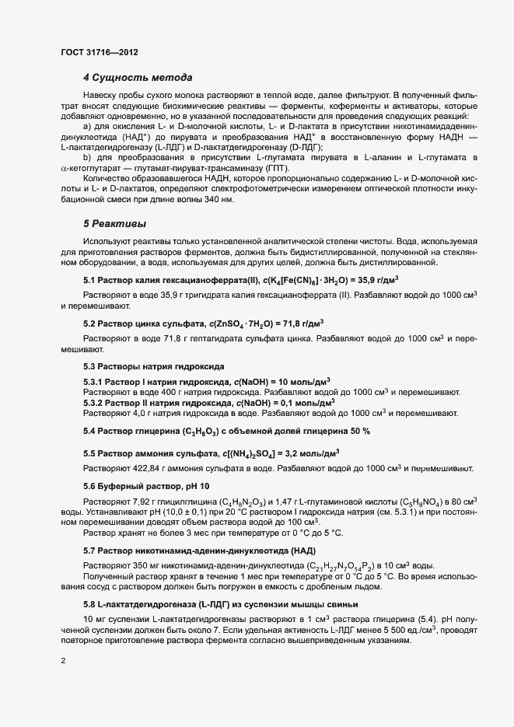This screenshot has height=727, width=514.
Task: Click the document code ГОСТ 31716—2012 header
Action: (100, 52)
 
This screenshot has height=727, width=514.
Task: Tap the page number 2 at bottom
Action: (63, 661)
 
